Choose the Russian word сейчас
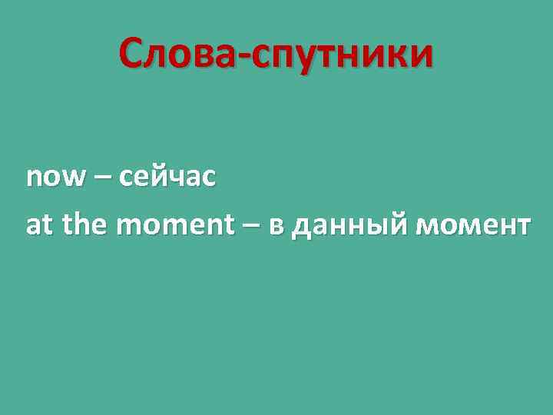pyautogui.click(x=167, y=179)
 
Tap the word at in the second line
pyautogui.click(x=40, y=225)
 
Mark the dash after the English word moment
pyautogui.click(x=251, y=226)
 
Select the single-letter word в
pyautogui.click(x=276, y=227)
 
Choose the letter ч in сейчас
pyautogui.click(x=178, y=180)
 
